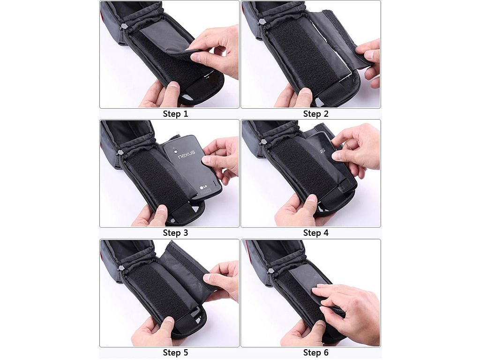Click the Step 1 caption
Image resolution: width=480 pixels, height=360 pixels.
click(175, 114)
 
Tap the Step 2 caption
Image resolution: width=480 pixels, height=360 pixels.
click(315, 114)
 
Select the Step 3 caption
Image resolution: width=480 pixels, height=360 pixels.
click(175, 233)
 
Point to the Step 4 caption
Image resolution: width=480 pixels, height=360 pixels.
click(315, 233)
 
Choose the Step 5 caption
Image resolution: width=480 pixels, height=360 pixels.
click(175, 352)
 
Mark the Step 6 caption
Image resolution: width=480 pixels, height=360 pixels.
click(315, 352)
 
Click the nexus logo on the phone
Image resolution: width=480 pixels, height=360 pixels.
click(187, 154)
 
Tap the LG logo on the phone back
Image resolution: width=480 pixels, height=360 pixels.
click(203, 187)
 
